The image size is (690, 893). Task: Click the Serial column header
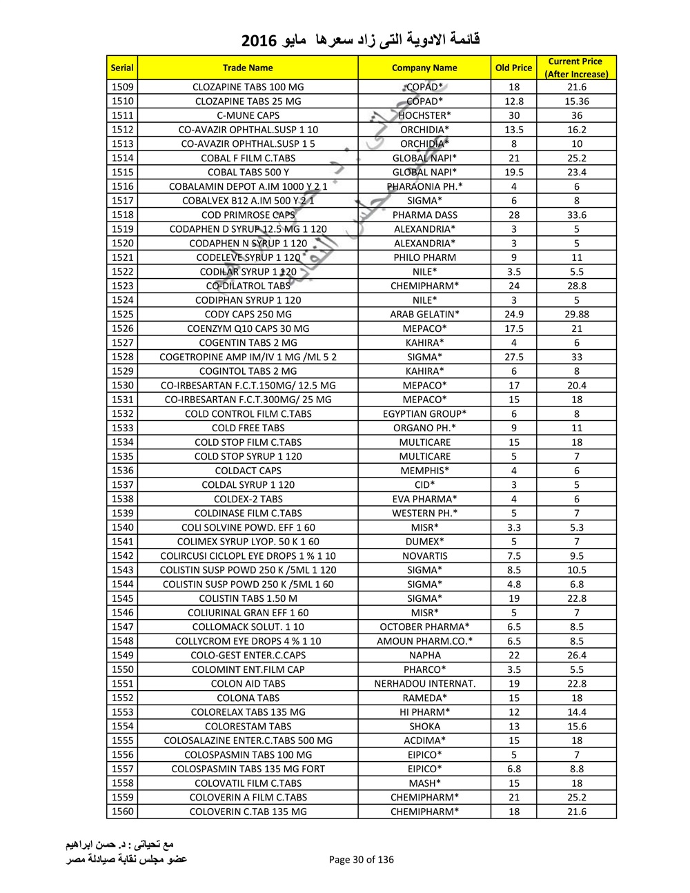click(122, 68)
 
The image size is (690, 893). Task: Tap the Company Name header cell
click(424, 68)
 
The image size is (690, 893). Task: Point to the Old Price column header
click(513, 68)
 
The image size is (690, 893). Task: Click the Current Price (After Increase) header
click(576, 68)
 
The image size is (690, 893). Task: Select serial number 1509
click(122, 87)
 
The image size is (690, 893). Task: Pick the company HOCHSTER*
click(424, 115)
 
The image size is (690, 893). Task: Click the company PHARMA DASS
click(424, 215)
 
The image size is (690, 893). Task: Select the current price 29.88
click(576, 314)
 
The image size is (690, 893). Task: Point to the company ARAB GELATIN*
click(424, 314)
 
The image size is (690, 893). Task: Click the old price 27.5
click(513, 357)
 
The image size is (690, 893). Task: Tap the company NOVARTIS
click(424, 556)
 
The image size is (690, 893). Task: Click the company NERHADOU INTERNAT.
click(424, 683)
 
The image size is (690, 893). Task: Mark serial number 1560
click(122, 812)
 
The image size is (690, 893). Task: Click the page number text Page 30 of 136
click(362, 859)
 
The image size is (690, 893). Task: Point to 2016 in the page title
click(259, 41)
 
